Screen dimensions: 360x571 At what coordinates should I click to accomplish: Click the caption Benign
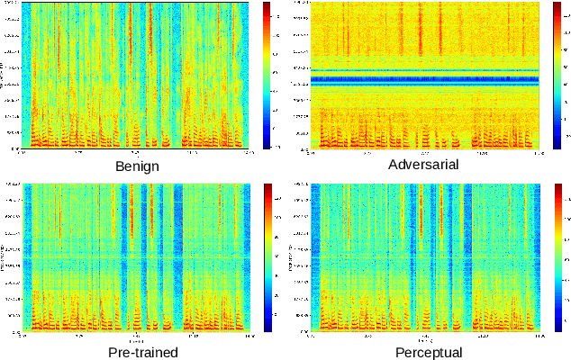click(138, 166)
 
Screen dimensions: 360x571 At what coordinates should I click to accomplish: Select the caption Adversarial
click(423, 165)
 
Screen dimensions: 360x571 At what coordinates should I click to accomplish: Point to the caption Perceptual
click(428, 352)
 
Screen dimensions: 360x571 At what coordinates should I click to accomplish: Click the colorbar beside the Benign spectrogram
click(267, 75)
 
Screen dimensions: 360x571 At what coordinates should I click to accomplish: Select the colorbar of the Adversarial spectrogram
click(557, 75)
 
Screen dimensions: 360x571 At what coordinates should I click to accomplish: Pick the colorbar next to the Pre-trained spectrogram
click(267, 256)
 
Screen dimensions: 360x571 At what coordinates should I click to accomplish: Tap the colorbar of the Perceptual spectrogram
click(557, 256)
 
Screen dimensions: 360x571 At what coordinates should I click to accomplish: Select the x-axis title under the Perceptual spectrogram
click(424, 341)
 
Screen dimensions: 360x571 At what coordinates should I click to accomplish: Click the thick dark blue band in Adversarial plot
click(424, 79)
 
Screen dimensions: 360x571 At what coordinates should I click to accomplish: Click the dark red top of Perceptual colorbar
click(557, 187)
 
